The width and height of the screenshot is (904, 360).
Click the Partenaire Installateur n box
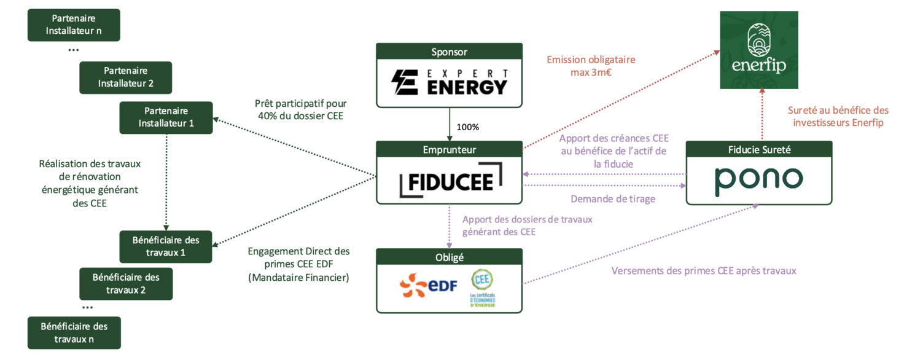(74, 25)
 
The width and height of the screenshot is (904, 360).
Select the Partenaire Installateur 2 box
(125, 77)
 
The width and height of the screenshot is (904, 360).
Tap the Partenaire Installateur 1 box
(165, 117)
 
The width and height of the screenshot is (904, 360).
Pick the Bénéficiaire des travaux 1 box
(165, 246)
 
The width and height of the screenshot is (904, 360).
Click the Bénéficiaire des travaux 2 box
(125, 283)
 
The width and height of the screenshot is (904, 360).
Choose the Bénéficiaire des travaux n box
(74, 332)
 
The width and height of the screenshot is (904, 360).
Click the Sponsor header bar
(449, 52)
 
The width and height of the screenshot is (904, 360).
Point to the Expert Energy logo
(449, 82)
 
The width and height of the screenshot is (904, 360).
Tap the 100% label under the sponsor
(467, 127)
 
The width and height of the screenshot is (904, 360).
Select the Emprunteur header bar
(449, 149)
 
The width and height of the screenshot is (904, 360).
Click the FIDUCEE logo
(449, 180)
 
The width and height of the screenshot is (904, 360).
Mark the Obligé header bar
(449, 257)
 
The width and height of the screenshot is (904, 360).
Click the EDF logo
(428, 286)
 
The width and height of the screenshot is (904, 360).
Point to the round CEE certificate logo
(482, 280)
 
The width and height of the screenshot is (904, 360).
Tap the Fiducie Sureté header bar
(758, 149)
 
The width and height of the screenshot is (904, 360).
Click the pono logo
(758, 179)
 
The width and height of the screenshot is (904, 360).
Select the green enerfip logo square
(759, 50)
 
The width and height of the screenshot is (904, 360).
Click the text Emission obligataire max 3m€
(590, 66)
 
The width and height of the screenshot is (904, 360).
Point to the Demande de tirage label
(612, 199)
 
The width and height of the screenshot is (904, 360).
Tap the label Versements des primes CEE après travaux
(703, 270)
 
